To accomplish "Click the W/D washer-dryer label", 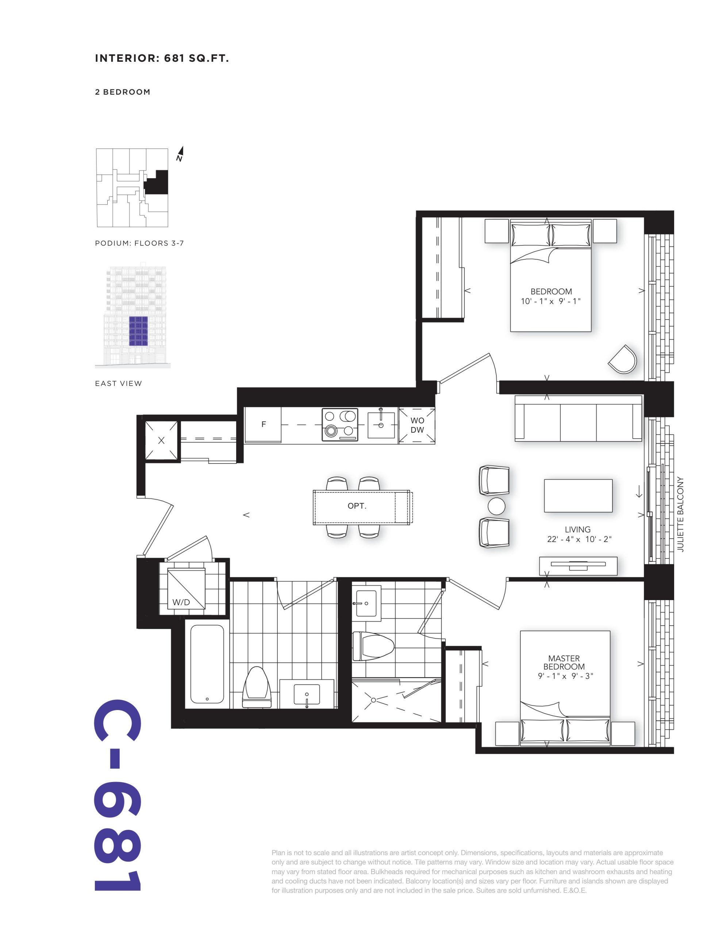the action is tap(181, 602).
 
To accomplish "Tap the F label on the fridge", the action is tap(264, 424).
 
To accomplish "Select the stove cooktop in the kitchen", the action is tap(339, 425).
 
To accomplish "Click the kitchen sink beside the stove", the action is tap(381, 423).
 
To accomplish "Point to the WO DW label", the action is tap(417, 425).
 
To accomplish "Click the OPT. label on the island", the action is tap(357, 506).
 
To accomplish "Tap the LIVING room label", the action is tap(577, 530).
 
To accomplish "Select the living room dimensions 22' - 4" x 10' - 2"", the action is tap(579, 539).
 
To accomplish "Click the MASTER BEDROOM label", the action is tap(564, 662).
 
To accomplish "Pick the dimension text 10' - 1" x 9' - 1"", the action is tap(550, 301).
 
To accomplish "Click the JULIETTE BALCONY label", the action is tap(680, 514).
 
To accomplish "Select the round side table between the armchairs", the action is tap(496, 506).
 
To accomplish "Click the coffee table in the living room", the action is tap(578, 496).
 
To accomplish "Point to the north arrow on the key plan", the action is tap(180, 154).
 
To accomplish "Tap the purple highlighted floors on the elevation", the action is tap(138, 331).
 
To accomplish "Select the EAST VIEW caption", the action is tap(119, 383).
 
